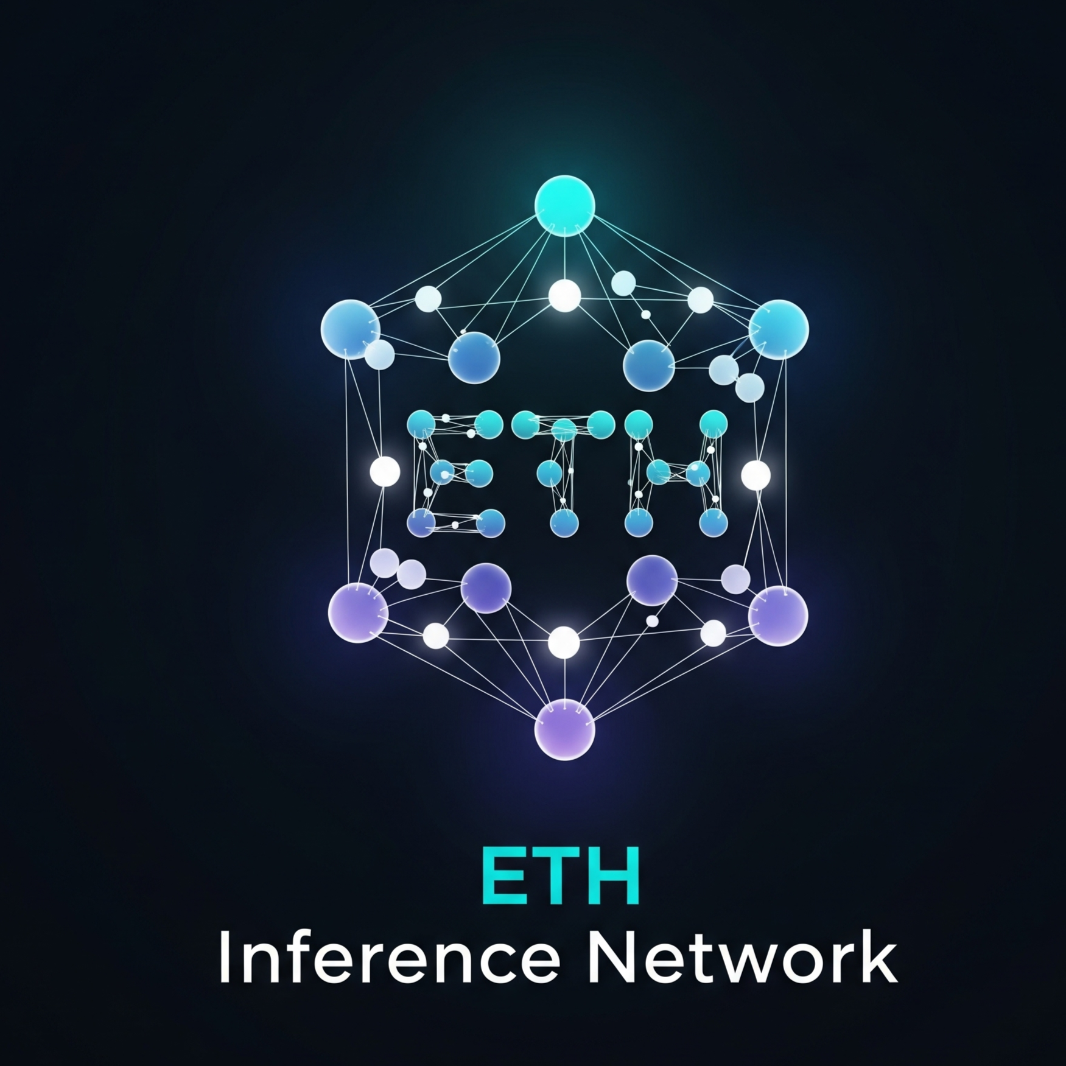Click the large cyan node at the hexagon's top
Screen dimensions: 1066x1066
[564, 205]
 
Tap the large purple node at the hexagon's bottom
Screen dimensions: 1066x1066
[564, 729]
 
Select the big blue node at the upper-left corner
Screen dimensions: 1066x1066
[351, 329]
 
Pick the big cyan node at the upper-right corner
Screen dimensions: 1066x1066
[779, 329]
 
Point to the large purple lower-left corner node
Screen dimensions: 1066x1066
[358, 612]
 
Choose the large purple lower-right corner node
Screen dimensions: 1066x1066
[778, 615]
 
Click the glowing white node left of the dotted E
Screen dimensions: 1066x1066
[385, 471]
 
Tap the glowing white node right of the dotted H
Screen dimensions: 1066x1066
[756, 475]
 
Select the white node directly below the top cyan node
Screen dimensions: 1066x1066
[564, 296]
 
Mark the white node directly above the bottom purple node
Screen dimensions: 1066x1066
[564, 642]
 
